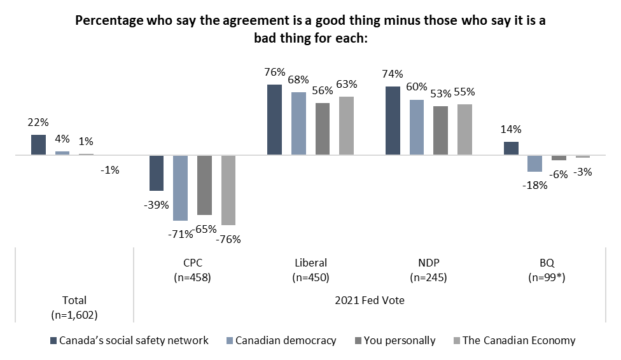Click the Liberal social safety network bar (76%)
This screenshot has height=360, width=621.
pyautogui.click(x=274, y=120)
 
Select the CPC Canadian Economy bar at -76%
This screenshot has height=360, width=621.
pyautogui.click(x=228, y=190)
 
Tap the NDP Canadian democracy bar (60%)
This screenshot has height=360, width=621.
pyautogui.click(x=417, y=127)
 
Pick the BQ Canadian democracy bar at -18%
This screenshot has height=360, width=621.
pyautogui.click(x=534, y=163)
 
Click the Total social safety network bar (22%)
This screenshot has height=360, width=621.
pyautogui.click(x=38, y=144)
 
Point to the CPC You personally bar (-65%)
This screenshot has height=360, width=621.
pyautogui.click(x=204, y=185)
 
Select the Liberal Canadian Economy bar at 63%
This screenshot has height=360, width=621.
pyautogui.click(x=347, y=125)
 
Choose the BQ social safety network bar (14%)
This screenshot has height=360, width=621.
pyautogui.click(x=511, y=148)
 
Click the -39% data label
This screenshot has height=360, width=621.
pyautogui.click(x=156, y=205)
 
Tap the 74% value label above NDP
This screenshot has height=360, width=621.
pyautogui.click(x=393, y=74)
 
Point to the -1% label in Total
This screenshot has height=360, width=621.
pyautogui.click(x=109, y=170)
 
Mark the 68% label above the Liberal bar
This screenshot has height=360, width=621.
pyautogui.click(x=298, y=80)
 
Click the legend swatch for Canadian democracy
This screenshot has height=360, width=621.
pyautogui.click(x=229, y=340)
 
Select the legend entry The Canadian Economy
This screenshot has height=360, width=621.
pyautogui.click(x=515, y=340)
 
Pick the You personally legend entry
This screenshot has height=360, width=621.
pyautogui.click(x=395, y=340)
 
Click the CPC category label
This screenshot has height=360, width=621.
pyautogui.click(x=193, y=263)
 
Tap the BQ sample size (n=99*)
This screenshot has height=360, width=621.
pyautogui.click(x=547, y=277)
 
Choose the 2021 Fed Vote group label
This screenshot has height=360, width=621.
pyautogui.click(x=370, y=300)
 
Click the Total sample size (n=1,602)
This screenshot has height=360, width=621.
pyautogui.click(x=74, y=315)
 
